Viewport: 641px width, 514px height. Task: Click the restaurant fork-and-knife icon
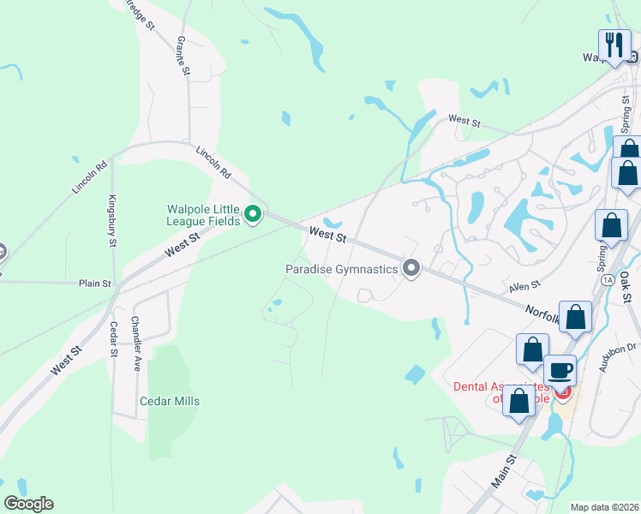pyautogui.click(x=614, y=45)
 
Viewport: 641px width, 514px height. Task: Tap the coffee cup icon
pyautogui.click(x=560, y=369)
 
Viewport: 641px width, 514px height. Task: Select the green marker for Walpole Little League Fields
pyautogui.click(x=253, y=213)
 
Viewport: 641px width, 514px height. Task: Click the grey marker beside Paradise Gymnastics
pyautogui.click(x=411, y=269)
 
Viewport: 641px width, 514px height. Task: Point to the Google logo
pyautogui.click(x=28, y=504)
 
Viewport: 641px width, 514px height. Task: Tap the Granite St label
pyautogui.click(x=183, y=56)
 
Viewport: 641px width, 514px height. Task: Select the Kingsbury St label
pyautogui.click(x=111, y=224)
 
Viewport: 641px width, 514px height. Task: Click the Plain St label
pyautogui.click(x=95, y=283)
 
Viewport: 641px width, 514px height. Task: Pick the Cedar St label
pyautogui.click(x=112, y=338)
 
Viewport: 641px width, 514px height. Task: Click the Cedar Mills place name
pyautogui.click(x=170, y=401)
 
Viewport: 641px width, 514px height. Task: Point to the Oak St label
pyautogui.click(x=626, y=288)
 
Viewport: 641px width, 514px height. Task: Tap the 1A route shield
pyautogui.click(x=608, y=279)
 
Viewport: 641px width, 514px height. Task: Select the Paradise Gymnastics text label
pyautogui.click(x=342, y=269)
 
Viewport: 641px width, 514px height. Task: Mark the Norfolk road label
pyautogui.click(x=542, y=315)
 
